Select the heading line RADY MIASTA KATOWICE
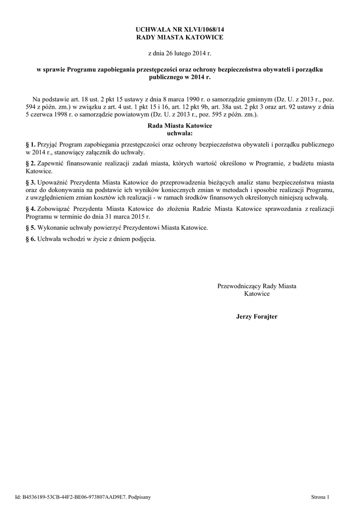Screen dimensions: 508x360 pyautogui.click(x=180, y=38)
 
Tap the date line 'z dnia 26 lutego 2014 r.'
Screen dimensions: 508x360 pyautogui.click(x=180, y=53)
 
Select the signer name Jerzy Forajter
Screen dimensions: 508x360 pyautogui.click(x=257, y=316)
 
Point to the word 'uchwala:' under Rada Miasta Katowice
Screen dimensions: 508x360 pyautogui.click(x=180, y=133)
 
